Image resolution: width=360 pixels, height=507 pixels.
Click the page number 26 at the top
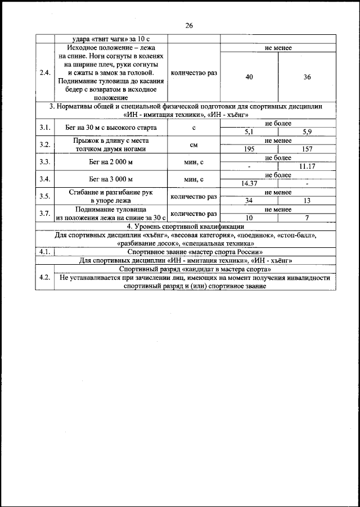188,25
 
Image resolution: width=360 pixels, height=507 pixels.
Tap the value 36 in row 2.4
307,77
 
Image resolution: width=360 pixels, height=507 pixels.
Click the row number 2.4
44,73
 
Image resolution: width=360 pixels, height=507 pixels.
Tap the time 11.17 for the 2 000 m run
307,166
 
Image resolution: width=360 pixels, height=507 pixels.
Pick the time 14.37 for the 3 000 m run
249,183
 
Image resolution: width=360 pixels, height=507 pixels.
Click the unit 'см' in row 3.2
193,145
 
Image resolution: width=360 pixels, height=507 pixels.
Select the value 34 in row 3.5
249,201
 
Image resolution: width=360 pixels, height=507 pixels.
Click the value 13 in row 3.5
307,201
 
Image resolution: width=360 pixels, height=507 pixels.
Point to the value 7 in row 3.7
307,218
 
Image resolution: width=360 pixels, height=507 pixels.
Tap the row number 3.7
44,214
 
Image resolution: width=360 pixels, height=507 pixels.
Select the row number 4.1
44,252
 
